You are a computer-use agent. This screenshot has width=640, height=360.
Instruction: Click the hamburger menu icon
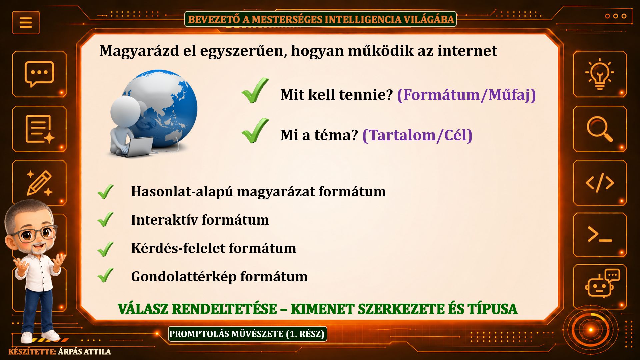[x=26, y=22]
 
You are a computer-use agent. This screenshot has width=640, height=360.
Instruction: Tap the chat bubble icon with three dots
[x=39, y=74]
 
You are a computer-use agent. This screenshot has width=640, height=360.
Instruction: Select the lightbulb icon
[x=600, y=74]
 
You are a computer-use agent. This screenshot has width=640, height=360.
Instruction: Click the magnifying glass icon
[x=600, y=129]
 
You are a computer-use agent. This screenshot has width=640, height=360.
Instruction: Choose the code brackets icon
[x=600, y=183]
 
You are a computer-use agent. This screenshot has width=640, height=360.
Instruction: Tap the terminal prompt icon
[x=600, y=234]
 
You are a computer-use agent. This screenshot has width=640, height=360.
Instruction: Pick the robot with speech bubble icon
[x=602, y=283]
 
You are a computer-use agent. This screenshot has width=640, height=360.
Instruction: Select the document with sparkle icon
[x=40, y=129]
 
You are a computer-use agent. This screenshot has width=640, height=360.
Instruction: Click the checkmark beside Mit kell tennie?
[x=255, y=90]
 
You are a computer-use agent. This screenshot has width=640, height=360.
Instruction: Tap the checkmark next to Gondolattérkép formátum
[x=106, y=275]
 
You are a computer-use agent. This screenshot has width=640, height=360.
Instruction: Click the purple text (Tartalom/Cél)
[x=417, y=135]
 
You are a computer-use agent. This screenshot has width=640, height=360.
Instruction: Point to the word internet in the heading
[x=467, y=51]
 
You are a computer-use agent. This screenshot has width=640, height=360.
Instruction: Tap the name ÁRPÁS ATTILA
[x=84, y=352]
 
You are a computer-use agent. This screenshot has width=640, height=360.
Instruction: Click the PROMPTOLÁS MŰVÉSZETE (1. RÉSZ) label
[x=247, y=334]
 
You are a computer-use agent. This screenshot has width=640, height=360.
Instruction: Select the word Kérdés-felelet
[x=178, y=248]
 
